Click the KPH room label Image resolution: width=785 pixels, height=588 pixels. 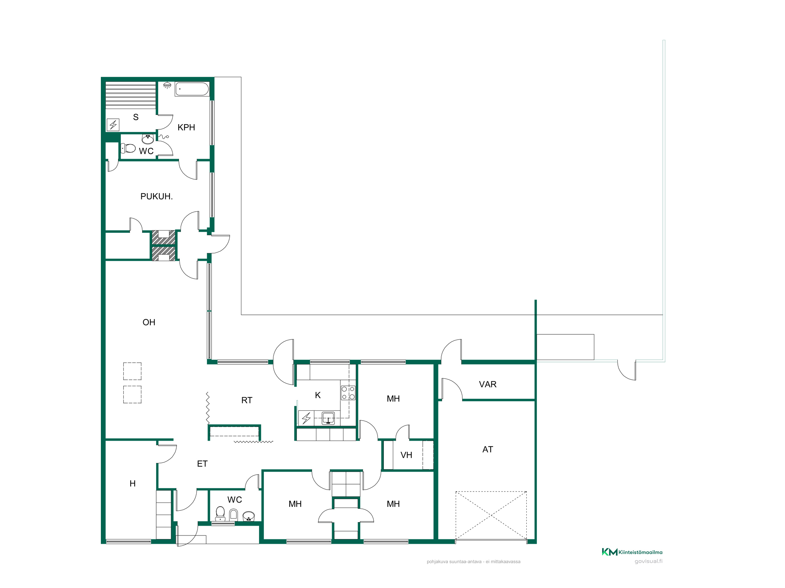(x=186, y=127)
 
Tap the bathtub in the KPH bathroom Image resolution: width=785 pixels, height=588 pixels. (x=192, y=89)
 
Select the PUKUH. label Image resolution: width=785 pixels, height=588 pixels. (x=157, y=196)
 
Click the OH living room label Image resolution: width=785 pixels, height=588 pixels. (x=149, y=322)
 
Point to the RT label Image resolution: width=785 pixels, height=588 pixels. (x=247, y=400)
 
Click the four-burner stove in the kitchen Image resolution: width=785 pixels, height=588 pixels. (x=348, y=393)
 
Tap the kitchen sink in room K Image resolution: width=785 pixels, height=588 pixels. (x=328, y=418)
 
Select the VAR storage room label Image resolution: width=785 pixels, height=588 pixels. (x=488, y=384)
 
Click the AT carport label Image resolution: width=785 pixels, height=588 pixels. (x=487, y=449)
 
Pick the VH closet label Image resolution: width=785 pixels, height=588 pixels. (x=406, y=455)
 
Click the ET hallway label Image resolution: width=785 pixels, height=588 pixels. (x=202, y=464)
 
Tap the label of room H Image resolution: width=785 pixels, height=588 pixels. (x=133, y=484)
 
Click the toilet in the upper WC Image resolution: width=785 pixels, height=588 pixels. (x=128, y=148)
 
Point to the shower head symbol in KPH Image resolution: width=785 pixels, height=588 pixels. (x=167, y=85)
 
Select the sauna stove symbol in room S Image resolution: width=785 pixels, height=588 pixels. (x=113, y=125)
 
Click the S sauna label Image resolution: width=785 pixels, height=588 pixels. (x=136, y=117)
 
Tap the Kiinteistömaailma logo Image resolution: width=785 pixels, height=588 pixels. (x=632, y=552)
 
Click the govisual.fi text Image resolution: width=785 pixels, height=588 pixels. (x=648, y=561)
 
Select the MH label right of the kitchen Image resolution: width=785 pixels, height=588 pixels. (x=393, y=399)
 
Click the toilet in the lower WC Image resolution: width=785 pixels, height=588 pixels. (x=220, y=513)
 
